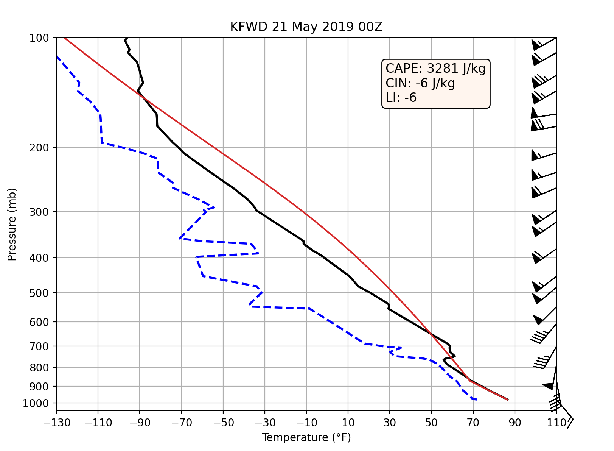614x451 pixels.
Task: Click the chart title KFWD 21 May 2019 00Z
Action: pos(306,27)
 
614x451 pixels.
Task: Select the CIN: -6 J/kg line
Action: pos(420,83)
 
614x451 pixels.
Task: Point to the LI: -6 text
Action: pos(401,98)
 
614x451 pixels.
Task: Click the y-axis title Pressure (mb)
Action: pos(12,224)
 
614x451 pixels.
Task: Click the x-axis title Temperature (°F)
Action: pos(306,438)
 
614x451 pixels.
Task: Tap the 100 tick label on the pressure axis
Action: pos(39,38)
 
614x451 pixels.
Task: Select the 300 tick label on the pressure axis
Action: pos(39,212)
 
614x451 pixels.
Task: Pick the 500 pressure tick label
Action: pos(39,293)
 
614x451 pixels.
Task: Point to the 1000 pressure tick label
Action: pos(36,403)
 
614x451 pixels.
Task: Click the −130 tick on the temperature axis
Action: pos(56,423)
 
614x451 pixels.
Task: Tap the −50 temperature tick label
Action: pos(223,423)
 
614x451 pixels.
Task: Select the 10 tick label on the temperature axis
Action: pos(348,423)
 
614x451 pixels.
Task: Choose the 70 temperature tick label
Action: pos(473,423)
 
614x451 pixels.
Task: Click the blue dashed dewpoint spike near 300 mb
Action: pos(213,208)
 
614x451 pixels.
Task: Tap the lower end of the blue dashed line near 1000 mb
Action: pos(476,399)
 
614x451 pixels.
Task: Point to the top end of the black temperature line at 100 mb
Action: pos(126,38)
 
